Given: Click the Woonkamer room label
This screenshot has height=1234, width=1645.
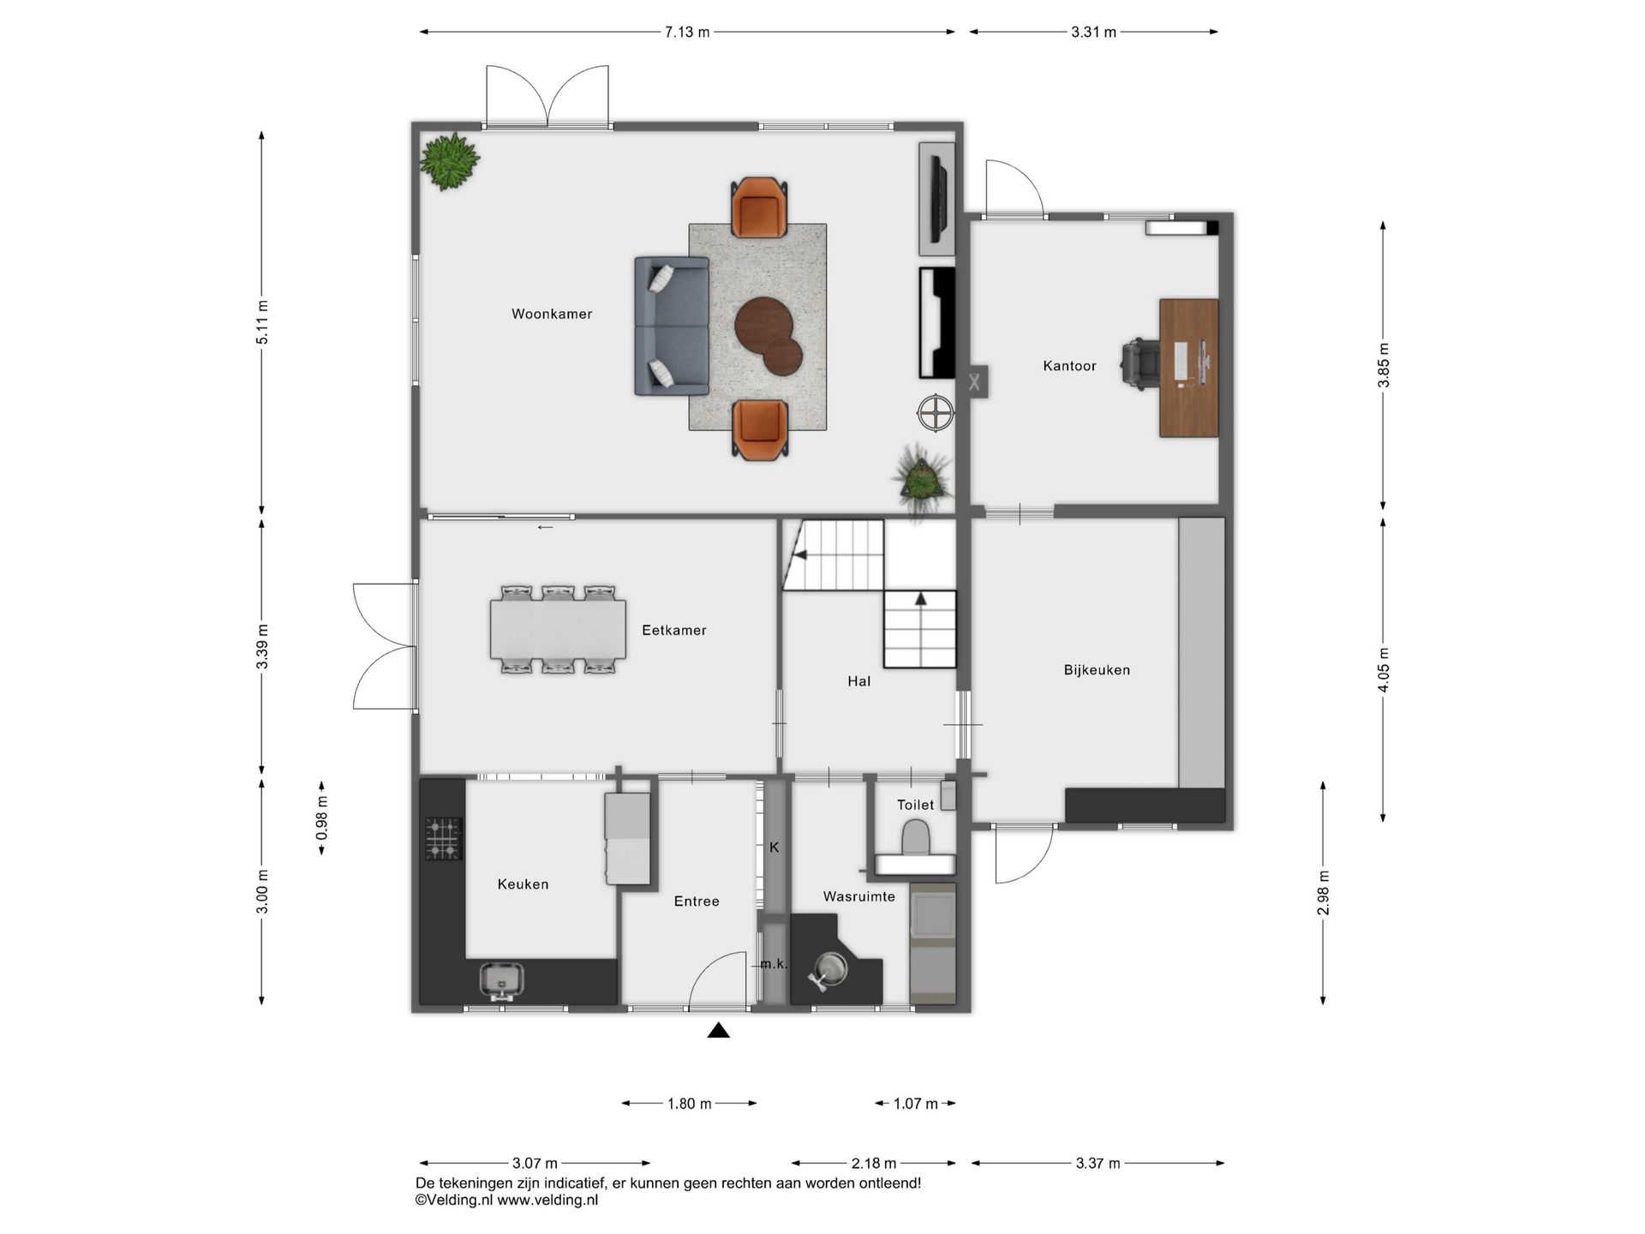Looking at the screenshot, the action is [552, 314].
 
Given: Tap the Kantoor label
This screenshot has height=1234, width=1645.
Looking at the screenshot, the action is [1069, 366].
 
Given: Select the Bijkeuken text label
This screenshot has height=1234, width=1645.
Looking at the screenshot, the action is [1097, 670].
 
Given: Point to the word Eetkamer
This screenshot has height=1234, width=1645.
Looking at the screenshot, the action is [674, 630].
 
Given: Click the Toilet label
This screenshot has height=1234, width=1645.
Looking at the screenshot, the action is [915, 805].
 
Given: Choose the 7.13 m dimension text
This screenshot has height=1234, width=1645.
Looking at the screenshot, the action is [687, 33].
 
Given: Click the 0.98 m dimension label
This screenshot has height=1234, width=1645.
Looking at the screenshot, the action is [322, 818].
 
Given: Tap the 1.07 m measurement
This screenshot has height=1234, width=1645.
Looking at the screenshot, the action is [915, 1104].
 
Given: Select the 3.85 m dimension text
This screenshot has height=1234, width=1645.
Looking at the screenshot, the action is [1383, 365].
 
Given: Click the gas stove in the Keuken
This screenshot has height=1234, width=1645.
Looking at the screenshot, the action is [444, 838].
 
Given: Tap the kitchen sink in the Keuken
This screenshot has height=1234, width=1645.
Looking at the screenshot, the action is [501, 980].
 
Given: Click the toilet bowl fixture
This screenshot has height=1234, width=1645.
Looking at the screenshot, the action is [916, 837].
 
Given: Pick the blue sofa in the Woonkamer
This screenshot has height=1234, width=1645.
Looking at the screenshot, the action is [671, 326].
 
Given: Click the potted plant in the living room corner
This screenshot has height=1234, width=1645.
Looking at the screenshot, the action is [449, 160].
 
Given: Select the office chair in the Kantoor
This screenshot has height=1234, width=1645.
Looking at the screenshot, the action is [1140, 365].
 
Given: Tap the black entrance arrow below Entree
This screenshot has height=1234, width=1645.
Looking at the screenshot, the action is [718, 1030].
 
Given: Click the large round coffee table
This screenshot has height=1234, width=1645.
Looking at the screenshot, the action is [763, 325].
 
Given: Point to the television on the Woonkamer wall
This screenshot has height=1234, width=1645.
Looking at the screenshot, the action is [938, 198].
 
